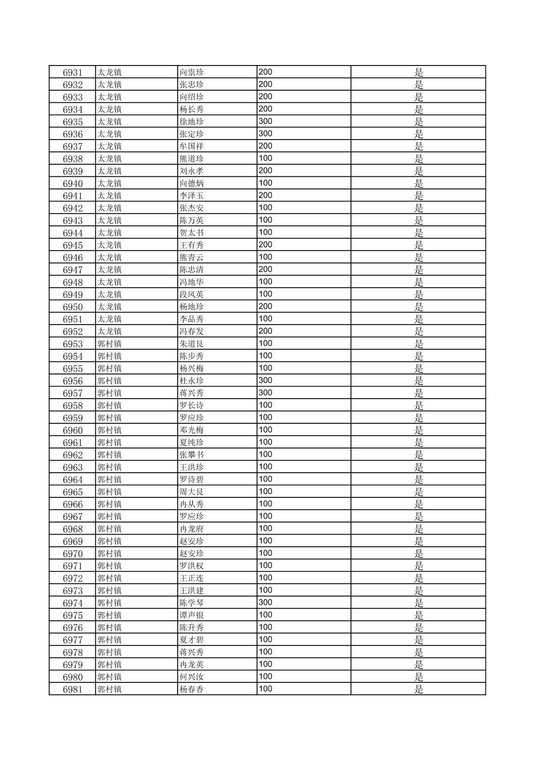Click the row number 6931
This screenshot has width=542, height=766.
72,73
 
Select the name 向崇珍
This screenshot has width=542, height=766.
192,73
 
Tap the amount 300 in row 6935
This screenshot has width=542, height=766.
265,121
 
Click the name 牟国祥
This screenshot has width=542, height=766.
192,147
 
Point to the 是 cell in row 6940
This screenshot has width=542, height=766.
418,183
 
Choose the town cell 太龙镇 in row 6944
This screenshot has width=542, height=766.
110,233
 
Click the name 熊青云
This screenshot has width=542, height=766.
192,258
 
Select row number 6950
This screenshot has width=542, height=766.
72,307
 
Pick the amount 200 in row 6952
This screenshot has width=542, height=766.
265,331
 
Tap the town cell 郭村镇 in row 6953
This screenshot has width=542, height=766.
110,344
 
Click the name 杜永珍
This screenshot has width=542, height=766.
192,381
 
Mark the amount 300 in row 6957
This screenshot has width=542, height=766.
265,393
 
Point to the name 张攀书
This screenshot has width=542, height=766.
192,455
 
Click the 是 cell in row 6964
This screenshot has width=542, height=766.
418,480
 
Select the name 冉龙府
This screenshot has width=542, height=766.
192,529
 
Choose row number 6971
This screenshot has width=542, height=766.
72,566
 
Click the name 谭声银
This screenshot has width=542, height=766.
192,615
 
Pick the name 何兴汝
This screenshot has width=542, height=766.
192,677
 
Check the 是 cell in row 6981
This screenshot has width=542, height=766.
418,689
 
